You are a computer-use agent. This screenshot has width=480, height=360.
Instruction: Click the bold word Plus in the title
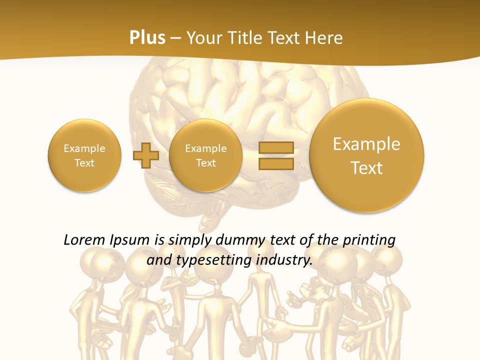147,38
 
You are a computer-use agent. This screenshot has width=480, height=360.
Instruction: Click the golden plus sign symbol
145,155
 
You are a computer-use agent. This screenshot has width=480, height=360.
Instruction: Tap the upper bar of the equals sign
276,147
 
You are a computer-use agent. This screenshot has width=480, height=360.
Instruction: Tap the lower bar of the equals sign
276,163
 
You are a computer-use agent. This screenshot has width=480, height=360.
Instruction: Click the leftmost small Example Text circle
84,155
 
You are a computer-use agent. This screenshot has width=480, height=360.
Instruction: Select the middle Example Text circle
206,155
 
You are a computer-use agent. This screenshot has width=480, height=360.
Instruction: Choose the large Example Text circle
366,155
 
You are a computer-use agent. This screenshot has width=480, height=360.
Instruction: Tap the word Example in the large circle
366,144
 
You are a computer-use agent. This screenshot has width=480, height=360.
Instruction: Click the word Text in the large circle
366,168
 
